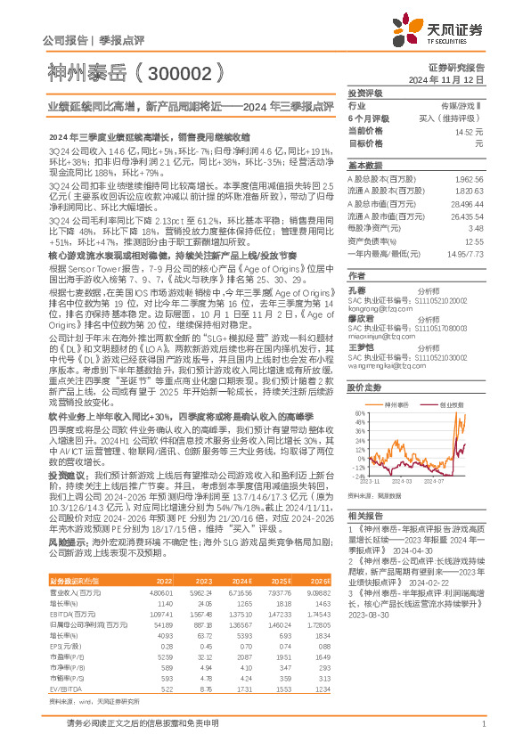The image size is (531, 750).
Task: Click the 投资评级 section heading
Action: (365, 93)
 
